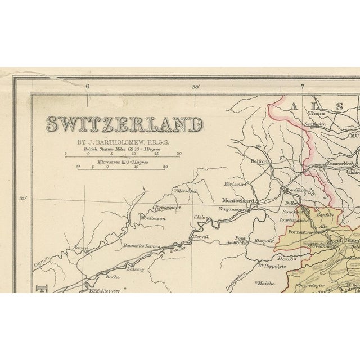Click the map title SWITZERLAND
click(124, 124)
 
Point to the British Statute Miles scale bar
click(123, 156)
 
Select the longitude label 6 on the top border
click(88, 86)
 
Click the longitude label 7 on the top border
click(302, 86)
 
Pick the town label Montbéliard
click(238, 200)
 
